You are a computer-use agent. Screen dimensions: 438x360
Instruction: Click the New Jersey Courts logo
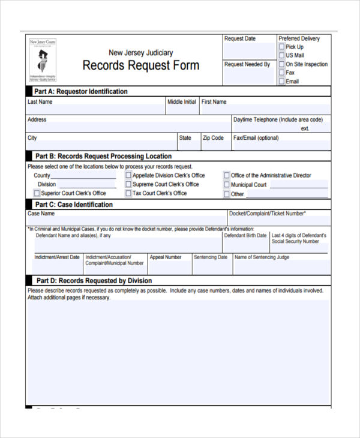click(43, 60)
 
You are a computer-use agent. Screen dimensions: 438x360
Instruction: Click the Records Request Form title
click(140, 65)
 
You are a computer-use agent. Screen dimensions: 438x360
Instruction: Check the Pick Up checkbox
click(281, 47)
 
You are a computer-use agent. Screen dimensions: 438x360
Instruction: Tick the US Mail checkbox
click(281, 55)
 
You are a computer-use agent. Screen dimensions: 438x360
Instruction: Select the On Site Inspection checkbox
click(281, 64)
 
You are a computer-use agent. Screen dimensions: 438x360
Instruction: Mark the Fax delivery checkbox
click(281, 73)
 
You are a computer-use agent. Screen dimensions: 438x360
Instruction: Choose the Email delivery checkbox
click(281, 81)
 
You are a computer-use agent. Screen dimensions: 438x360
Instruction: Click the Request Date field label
click(240, 39)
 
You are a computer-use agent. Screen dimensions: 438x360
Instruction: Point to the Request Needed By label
click(247, 64)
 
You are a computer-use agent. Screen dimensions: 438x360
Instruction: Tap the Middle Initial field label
click(182, 102)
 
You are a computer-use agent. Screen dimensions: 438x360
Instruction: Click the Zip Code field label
click(213, 138)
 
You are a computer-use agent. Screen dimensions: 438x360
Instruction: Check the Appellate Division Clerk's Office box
click(128, 176)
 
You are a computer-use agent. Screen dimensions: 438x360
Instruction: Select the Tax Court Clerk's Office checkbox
click(128, 194)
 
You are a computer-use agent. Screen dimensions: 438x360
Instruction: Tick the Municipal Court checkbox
click(227, 185)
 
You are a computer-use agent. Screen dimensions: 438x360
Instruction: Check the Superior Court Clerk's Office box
click(37, 193)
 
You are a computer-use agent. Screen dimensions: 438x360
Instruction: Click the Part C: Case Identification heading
click(74, 205)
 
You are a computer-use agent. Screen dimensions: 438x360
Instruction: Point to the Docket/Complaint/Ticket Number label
click(268, 214)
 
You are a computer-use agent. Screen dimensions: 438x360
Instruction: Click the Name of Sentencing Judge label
click(262, 257)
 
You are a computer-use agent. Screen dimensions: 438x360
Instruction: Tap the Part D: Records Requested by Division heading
click(94, 281)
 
